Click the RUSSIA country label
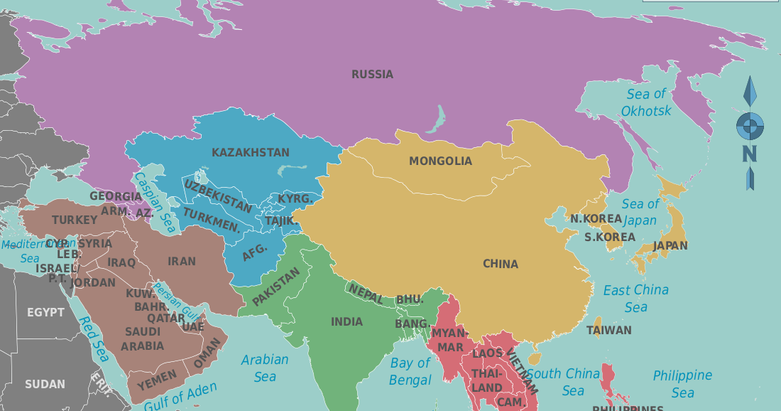coord(372,74)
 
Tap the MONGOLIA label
coord(440,161)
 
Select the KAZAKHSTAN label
coord(251,152)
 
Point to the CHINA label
coord(501,264)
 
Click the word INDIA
coord(346,321)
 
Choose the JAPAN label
coord(670,245)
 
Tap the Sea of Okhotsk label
coord(646,102)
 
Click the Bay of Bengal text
coord(410,371)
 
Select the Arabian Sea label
coord(265,368)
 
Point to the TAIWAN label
coord(608,330)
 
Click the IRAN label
coord(182,261)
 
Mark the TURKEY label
coord(75,220)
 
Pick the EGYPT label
coord(45,312)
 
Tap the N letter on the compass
coord(750,154)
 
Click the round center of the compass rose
coord(750,127)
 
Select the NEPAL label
coord(365,293)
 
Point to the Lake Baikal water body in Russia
coord(437,119)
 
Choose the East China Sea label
coord(636,298)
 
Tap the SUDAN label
coord(45,384)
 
